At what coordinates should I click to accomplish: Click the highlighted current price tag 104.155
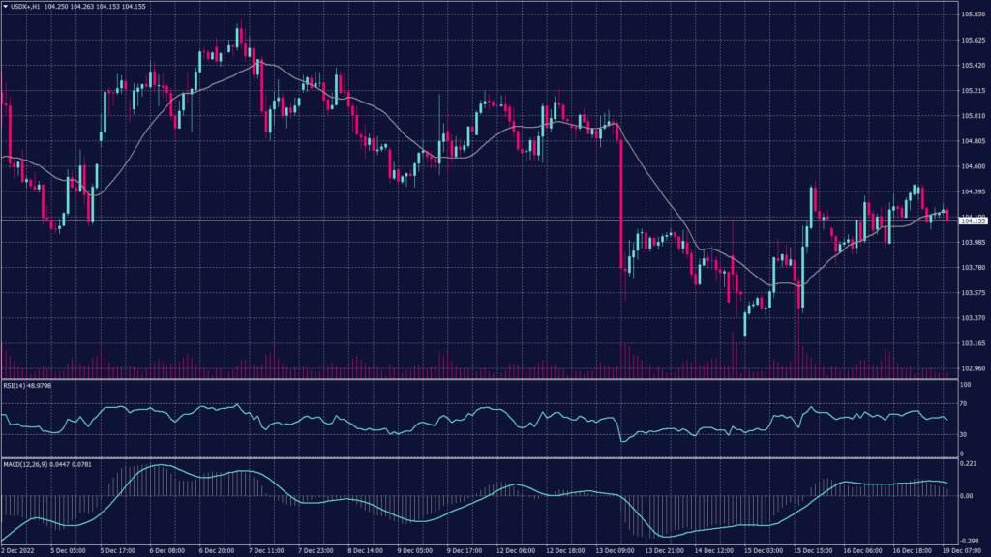click(x=972, y=221)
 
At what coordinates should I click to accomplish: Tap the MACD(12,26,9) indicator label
click(x=24, y=464)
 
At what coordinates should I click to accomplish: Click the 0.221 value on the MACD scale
click(x=968, y=464)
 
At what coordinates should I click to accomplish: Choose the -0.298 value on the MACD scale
click(x=968, y=542)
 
